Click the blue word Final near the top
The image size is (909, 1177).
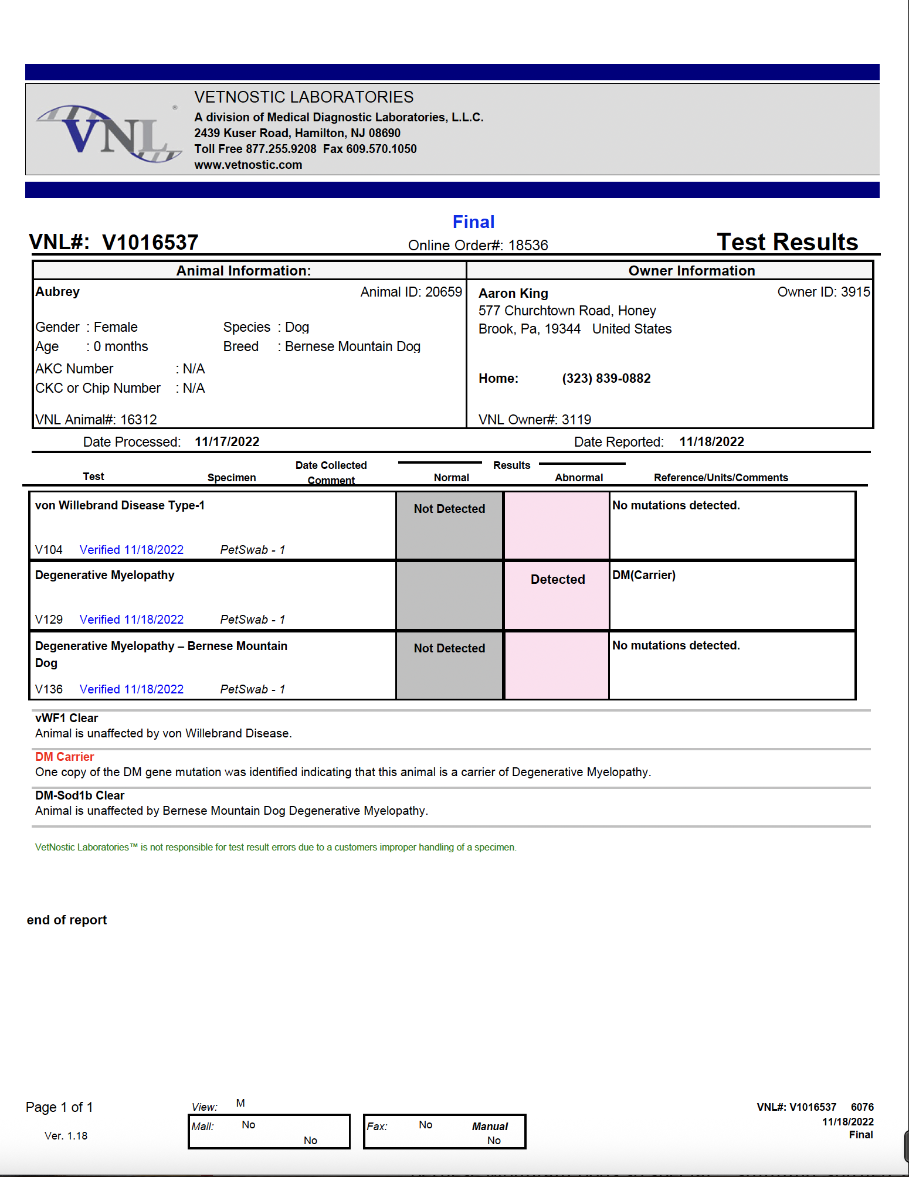click(x=473, y=222)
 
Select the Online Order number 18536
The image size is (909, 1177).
click(x=528, y=245)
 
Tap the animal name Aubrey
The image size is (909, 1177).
click(x=57, y=292)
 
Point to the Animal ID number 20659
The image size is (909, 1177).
click(x=443, y=292)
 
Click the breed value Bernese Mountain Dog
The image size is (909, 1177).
click(x=352, y=346)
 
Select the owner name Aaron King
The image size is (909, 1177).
click(x=513, y=293)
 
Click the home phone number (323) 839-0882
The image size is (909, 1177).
click(x=606, y=379)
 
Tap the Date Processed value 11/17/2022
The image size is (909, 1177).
click(x=227, y=442)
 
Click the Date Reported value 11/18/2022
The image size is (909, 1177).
click(x=711, y=442)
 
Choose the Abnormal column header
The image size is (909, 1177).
click(x=578, y=478)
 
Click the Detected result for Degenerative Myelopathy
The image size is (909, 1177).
click(x=558, y=579)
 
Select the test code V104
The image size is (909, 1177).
click(x=49, y=550)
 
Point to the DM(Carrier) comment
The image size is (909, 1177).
click(x=644, y=575)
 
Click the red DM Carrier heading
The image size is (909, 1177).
click(x=65, y=757)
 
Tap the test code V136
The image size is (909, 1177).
click(x=49, y=689)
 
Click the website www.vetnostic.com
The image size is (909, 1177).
click(x=248, y=165)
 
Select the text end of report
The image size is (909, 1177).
click(x=67, y=920)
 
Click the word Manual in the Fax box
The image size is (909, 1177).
click(x=490, y=1127)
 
